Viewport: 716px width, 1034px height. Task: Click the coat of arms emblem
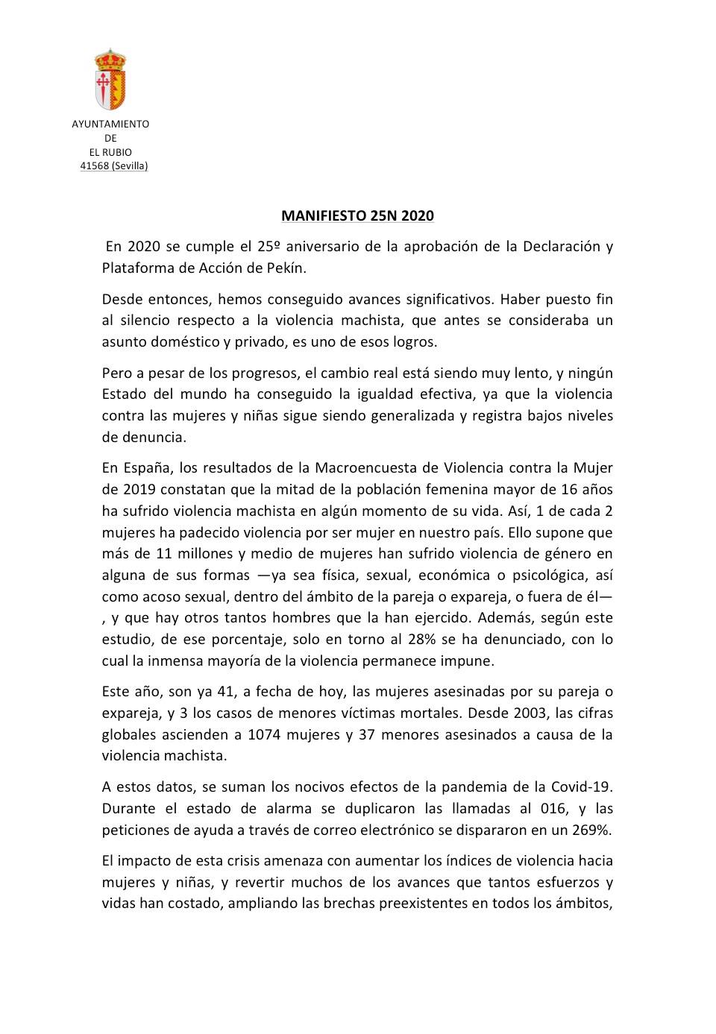point(110,79)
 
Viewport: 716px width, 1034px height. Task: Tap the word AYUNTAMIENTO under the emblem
point(110,124)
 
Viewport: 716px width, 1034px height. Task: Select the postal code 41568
point(94,165)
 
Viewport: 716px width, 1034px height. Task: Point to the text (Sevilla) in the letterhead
point(130,165)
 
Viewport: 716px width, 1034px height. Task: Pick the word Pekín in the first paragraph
point(287,268)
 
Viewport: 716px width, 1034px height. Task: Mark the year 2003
point(529,713)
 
